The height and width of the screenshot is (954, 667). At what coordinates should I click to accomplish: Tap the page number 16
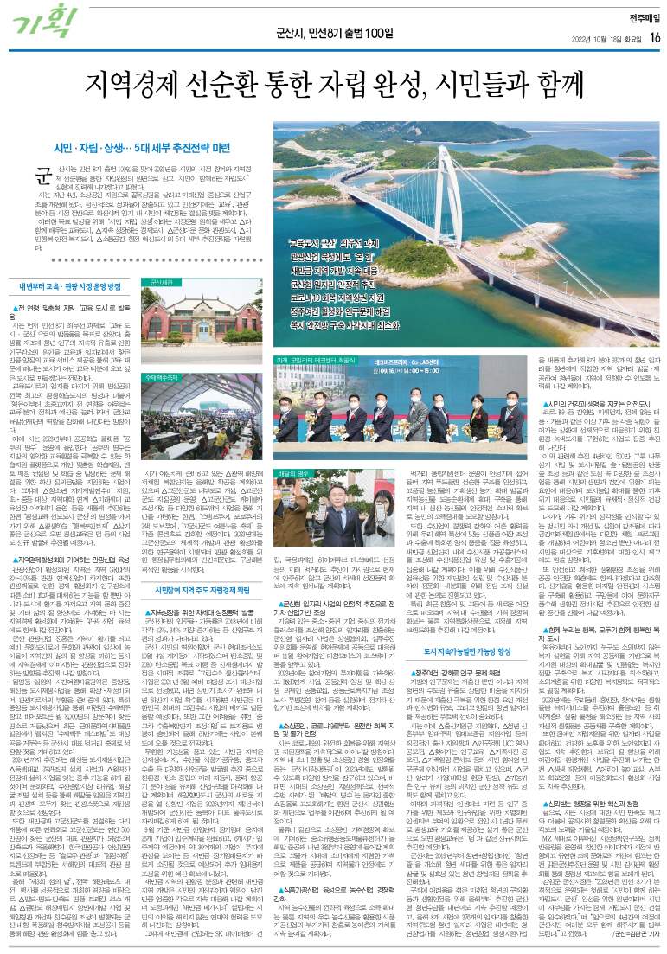[x=656, y=37]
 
